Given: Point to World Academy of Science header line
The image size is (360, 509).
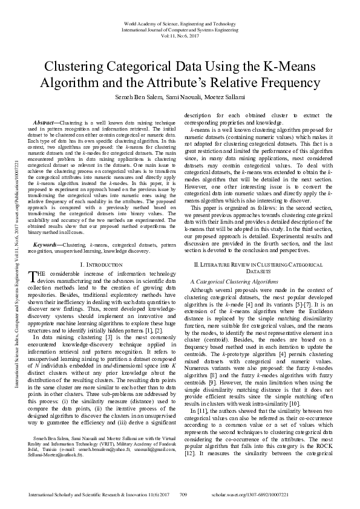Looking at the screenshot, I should click(x=180, y=22).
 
